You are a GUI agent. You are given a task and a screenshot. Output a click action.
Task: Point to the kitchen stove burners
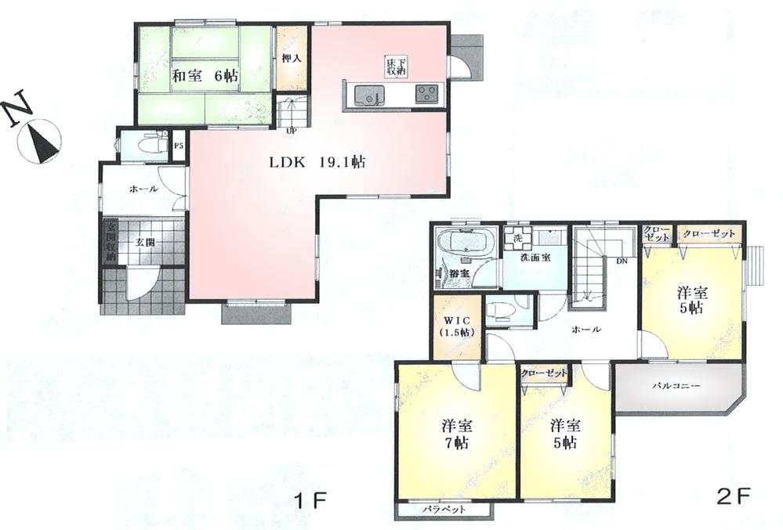click(428, 95)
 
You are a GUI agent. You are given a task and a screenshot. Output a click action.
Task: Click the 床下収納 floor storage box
click(393, 67)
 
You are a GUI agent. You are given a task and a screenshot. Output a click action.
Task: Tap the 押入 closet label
click(292, 59)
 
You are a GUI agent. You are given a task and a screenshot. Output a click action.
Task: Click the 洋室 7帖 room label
click(455, 434)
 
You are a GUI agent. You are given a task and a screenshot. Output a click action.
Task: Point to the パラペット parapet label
click(444, 510)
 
